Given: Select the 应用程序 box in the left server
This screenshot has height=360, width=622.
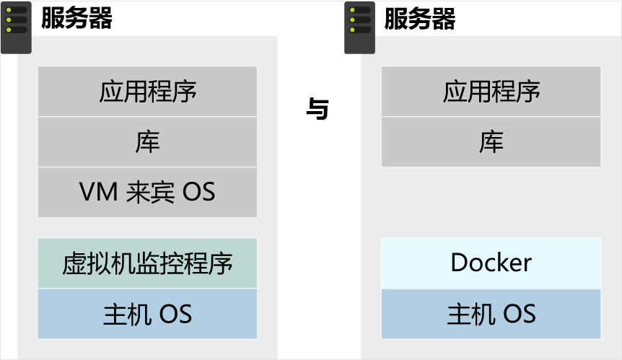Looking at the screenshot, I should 147,92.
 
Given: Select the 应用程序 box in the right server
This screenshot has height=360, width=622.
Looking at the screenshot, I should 491,92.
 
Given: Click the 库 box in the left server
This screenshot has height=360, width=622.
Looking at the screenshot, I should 147,142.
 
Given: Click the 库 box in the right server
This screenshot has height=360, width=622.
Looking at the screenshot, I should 491,142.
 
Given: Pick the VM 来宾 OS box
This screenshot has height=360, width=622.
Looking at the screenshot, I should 147,192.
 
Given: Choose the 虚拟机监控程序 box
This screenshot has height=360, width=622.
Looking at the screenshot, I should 147,263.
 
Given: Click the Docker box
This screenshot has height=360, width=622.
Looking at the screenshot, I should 491,263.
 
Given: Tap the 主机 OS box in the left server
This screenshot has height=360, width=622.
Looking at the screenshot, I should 147,314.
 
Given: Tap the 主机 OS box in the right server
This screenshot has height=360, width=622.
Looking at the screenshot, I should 491,314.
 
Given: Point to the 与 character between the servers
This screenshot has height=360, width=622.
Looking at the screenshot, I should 317,110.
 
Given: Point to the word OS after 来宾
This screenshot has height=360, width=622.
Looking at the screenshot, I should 198,193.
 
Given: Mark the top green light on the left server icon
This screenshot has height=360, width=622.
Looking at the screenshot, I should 9,11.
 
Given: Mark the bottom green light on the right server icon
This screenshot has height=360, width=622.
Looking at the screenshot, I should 353,30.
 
